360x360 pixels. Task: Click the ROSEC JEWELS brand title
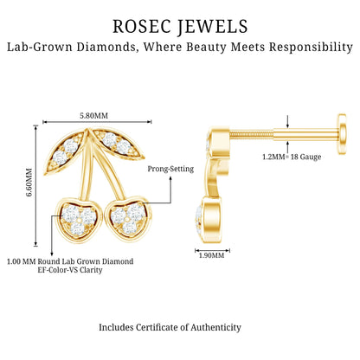point(180,27)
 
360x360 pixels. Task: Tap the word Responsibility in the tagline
point(311,47)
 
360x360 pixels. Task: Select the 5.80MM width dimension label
point(94,116)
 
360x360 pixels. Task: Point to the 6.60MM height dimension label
point(29,183)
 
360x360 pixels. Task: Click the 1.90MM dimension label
point(211,255)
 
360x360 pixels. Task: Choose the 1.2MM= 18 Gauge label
point(292,157)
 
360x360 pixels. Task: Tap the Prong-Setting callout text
point(170,169)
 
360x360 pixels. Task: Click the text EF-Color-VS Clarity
point(70,270)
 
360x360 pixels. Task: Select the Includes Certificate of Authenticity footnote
point(170,327)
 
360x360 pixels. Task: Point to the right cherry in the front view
point(129,217)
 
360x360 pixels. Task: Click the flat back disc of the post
point(342,134)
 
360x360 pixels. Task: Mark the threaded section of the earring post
point(251,135)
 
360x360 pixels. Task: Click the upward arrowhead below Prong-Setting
point(170,179)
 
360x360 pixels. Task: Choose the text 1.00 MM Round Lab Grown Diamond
point(70,261)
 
